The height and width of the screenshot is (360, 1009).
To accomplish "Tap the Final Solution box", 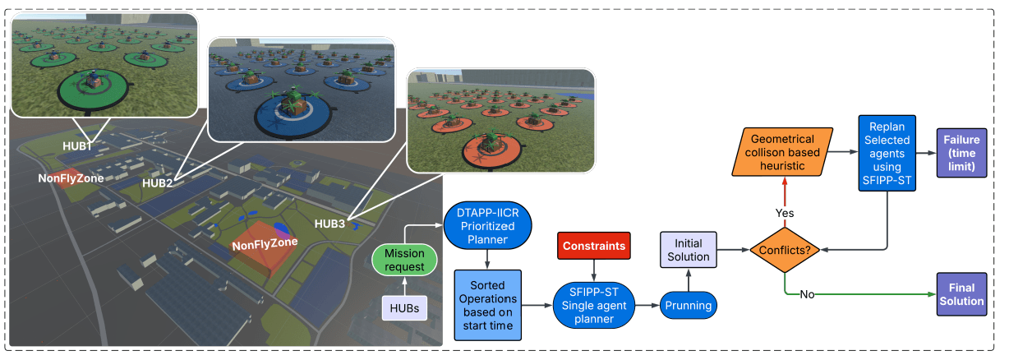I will click(x=961, y=294).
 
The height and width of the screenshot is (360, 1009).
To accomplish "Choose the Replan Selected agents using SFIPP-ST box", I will click(x=887, y=152).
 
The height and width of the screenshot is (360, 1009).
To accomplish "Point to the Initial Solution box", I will click(x=689, y=250).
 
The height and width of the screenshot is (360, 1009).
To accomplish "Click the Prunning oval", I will click(x=689, y=306).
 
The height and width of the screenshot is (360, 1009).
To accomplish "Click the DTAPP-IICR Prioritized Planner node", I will click(x=488, y=225).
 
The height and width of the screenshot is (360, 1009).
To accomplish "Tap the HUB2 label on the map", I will click(x=159, y=182).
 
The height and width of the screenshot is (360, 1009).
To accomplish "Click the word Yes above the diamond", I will click(x=784, y=213).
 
